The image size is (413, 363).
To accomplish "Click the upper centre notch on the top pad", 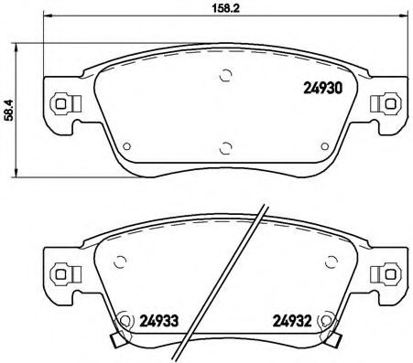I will click(x=225, y=76).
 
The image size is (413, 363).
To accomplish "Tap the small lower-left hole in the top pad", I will click(x=128, y=144).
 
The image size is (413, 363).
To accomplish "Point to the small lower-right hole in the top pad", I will click(x=322, y=144).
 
